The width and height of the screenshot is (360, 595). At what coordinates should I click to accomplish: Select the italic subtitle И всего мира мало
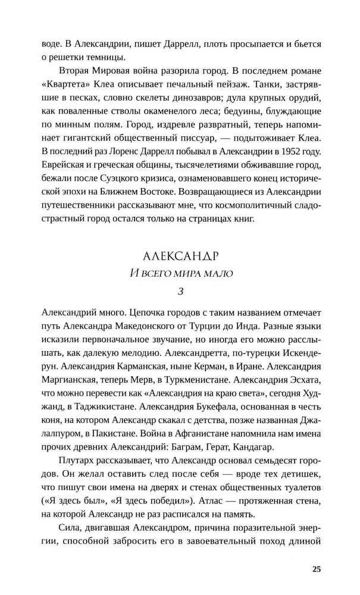pyautogui.click(x=181, y=274)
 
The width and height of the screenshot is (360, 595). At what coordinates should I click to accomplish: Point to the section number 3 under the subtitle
pyautogui.click(x=181, y=293)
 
